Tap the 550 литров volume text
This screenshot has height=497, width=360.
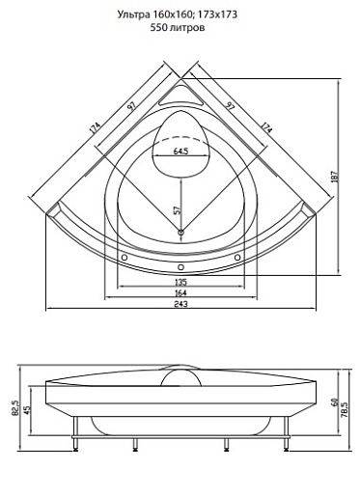178,28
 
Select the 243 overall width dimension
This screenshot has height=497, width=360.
180,303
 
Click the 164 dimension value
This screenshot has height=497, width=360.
180,292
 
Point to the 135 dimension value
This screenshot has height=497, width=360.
180,282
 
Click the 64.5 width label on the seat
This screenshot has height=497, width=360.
180,152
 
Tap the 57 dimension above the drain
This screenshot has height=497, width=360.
178,209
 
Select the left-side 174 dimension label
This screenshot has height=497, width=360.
96,127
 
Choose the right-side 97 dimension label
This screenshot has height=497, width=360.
230,106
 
